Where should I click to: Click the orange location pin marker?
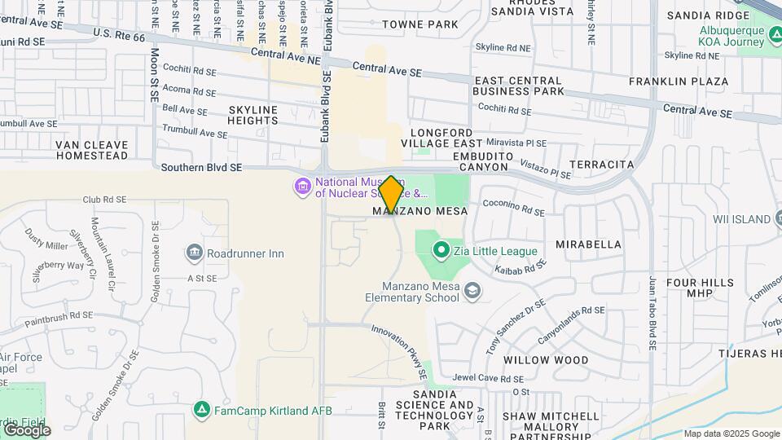click(391, 195)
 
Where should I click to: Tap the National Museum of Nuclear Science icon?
click(303, 187)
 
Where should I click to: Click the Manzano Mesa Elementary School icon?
click(472, 291)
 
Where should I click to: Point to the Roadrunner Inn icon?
click(194, 253)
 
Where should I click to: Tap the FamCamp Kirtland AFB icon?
click(201, 410)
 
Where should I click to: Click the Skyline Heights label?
click(253, 115)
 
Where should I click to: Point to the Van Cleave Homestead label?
click(92, 150)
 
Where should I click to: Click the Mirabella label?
click(588, 244)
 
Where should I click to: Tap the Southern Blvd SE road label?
click(202, 168)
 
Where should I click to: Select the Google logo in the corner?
click(26, 429)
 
